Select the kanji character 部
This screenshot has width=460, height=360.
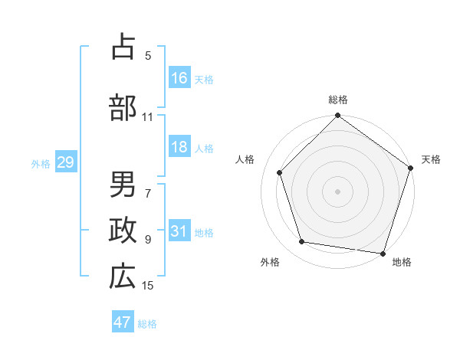click(123, 107)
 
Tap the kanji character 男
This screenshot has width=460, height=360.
click(123, 185)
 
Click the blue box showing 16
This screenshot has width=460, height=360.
click(179, 78)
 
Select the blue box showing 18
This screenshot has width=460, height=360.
click(179, 148)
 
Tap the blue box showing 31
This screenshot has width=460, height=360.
click(179, 232)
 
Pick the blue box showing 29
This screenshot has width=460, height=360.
click(65, 163)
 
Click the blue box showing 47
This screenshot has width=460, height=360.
click(123, 322)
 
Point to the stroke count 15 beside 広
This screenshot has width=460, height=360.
click(148, 286)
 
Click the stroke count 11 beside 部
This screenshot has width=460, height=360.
click(148, 117)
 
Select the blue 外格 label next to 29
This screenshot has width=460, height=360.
click(41, 164)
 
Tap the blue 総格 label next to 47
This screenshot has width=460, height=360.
click(147, 323)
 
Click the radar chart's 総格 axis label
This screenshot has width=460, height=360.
click(337, 100)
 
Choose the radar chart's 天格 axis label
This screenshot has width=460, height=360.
click(431, 159)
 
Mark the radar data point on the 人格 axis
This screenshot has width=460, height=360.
click(280, 172)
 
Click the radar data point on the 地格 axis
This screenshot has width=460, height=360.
click(382, 253)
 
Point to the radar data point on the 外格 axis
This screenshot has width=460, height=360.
click(302, 242)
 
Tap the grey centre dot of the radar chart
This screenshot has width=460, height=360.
click(337, 191)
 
